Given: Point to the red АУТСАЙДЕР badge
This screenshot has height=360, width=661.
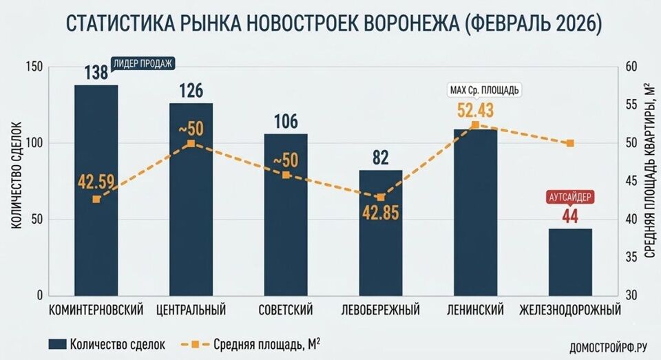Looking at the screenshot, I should point(570,196).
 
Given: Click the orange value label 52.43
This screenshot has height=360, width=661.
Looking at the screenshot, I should point(475,109).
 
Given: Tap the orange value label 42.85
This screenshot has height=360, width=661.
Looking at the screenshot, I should point(381,211).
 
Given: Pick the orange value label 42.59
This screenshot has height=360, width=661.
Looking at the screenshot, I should point(96,184).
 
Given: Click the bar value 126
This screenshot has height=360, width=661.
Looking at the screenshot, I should point(191,91).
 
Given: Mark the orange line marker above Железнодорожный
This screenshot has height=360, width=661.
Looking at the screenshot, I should point(570,143).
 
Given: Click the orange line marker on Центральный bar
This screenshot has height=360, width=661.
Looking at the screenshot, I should point(191,144).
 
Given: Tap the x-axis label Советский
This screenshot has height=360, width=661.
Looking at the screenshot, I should point(286,310).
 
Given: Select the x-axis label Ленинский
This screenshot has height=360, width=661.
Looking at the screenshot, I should point(475,310).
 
